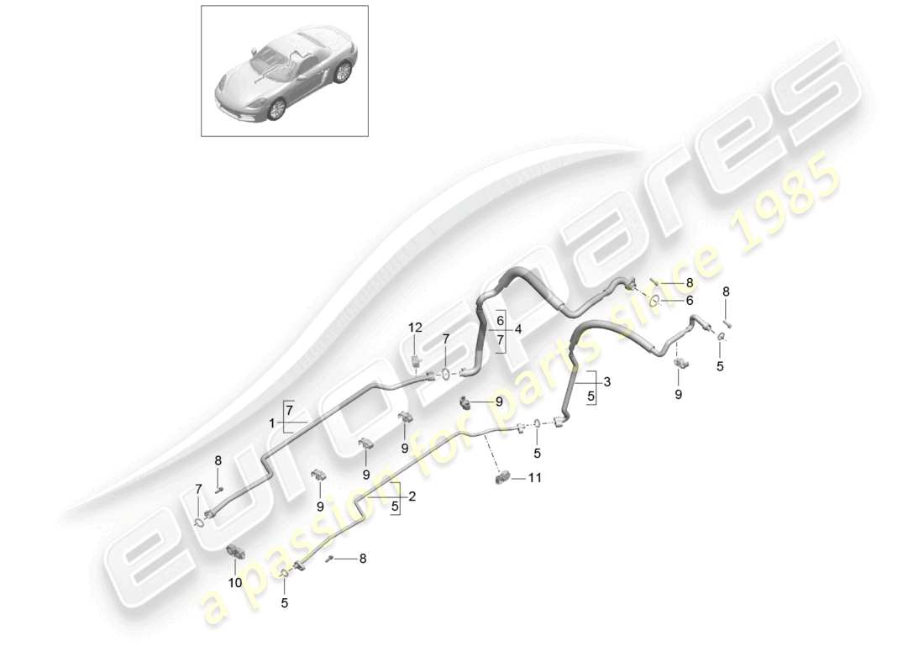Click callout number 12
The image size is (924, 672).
[x=416, y=327]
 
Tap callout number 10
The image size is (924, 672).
[x=235, y=582]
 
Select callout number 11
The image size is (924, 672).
[x=534, y=478]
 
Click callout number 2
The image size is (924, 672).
[x=412, y=496]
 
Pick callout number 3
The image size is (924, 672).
[x=606, y=382]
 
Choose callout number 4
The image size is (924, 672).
[x=519, y=330]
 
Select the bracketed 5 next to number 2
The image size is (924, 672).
[x=395, y=505]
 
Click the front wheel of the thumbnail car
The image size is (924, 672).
[x=276, y=109]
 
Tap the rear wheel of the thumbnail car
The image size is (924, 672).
[x=342, y=73]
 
